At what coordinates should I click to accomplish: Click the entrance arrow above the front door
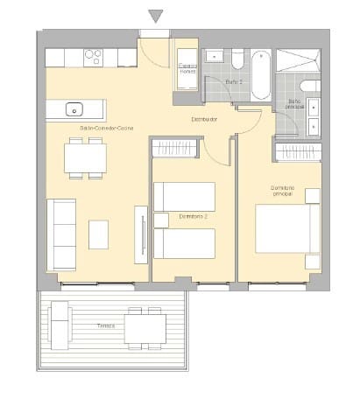click(156, 16)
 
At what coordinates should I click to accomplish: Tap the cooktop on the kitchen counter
click(93, 57)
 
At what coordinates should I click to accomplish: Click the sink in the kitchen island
click(75, 110)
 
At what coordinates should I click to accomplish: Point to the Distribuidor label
click(205, 119)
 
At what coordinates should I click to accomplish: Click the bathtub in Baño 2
click(260, 76)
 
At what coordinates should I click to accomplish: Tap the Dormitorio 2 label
click(193, 216)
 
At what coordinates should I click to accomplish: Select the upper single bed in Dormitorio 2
click(185, 196)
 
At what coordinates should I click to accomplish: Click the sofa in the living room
click(60, 234)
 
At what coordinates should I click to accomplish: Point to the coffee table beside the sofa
click(98, 234)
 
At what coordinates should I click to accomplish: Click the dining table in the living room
click(85, 157)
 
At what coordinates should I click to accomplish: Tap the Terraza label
click(106, 325)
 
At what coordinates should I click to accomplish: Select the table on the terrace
click(145, 328)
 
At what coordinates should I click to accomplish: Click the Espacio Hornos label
click(187, 68)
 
